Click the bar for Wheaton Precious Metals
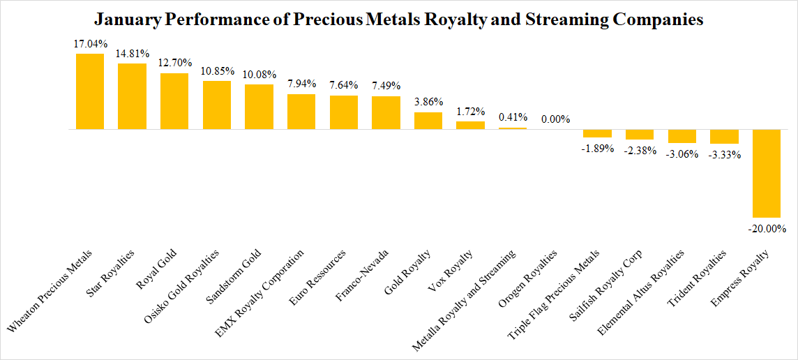pos(90,91)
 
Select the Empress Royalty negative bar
pos(766,174)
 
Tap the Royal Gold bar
pos(174,101)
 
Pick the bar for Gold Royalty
pos(428,121)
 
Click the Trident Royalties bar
pos(724,137)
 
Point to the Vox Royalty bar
pos(471,126)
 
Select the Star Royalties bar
pos(132,96)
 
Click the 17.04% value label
pos(91,44)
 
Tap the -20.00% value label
pos(766,228)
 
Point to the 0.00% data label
pos(555,119)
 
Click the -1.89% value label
pos(597,147)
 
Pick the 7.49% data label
pos(386,87)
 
